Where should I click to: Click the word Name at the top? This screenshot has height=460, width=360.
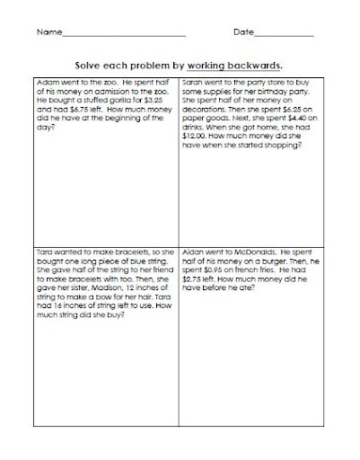click(48, 33)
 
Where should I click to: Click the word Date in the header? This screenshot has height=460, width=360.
click(244, 33)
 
